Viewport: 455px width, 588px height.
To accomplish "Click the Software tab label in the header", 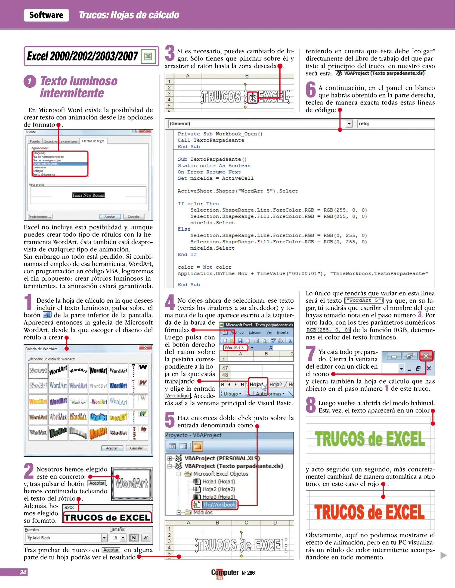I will [46, 15].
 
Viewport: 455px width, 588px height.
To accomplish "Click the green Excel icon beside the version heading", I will [148, 56].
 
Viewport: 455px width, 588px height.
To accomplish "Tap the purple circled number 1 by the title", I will [30, 81].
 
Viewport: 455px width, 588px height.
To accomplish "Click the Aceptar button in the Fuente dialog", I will [110, 217].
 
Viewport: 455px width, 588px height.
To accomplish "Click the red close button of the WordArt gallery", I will [145, 348].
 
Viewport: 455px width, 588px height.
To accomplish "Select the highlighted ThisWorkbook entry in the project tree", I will [219, 504].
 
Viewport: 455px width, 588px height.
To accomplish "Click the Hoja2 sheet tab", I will [276, 384].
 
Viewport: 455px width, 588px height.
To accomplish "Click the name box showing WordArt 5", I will [235, 348].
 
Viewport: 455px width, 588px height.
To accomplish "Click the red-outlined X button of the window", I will [426, 356].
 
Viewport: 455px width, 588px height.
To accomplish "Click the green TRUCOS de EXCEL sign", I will [370, 439].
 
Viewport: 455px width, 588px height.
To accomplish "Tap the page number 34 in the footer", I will [23, 572].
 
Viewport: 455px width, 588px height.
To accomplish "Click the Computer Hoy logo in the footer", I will [224, 573].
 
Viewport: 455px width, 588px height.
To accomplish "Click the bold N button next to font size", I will [134, 538].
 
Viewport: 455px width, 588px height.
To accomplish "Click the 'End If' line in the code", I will [187, 255].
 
